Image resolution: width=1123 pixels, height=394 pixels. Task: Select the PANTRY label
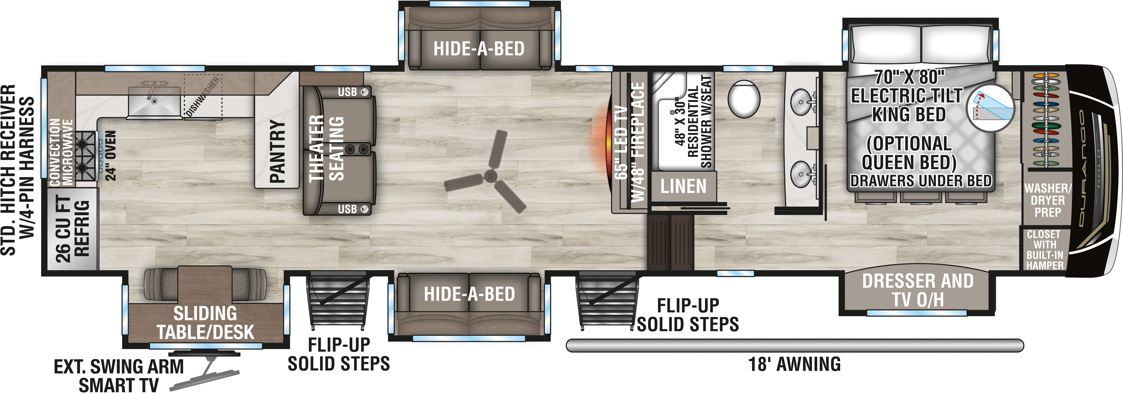tap(277, 151)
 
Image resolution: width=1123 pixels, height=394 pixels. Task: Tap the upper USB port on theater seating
tap(364, 92)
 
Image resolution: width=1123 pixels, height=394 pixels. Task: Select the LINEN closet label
tap(683, 186)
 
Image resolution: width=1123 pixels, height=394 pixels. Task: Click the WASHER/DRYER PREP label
tap(1048, 200)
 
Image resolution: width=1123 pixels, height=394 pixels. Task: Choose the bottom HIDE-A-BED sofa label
tap(470, 294)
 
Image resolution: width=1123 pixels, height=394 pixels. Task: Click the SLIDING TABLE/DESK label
tap(205, 323)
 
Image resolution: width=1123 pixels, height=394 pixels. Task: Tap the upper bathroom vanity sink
tap(801, 102)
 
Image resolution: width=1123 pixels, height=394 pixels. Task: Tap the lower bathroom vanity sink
tap(801, 174)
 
